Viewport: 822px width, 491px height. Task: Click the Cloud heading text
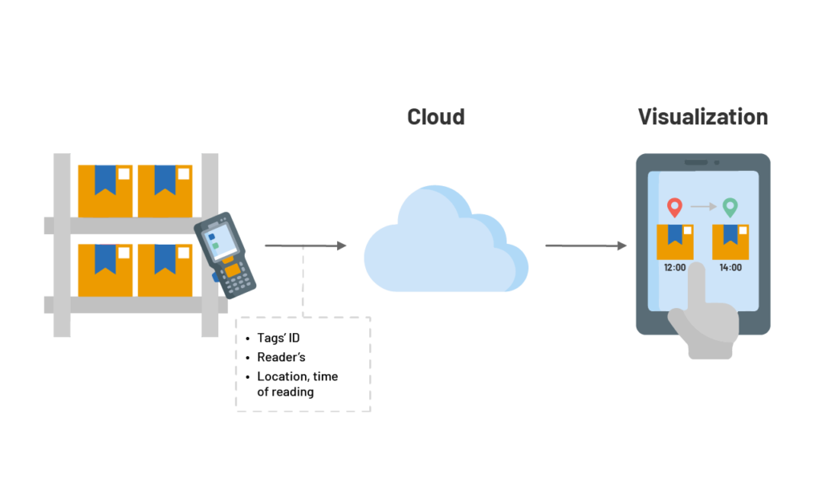[435, 117]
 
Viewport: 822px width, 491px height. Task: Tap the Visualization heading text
[702, 117]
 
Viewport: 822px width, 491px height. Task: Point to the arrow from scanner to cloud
[305, 245]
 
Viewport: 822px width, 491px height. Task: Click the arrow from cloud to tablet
[586, 245]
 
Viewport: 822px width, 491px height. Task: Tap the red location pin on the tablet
[674, 207]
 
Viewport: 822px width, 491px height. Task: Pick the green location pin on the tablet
[730, 207]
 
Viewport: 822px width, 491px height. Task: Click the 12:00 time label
[674, 268]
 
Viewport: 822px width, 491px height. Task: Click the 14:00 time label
[730, 268]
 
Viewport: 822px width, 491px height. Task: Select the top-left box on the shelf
[105, 190]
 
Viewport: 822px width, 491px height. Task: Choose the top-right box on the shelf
[165, 190]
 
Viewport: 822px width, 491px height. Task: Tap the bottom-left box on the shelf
[105, 270]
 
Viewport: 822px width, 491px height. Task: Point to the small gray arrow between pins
[702, 207]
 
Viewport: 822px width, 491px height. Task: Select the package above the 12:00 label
[674, 241]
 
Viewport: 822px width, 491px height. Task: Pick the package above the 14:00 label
[730, 241]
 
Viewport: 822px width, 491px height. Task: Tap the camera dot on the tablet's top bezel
[717, 162]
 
